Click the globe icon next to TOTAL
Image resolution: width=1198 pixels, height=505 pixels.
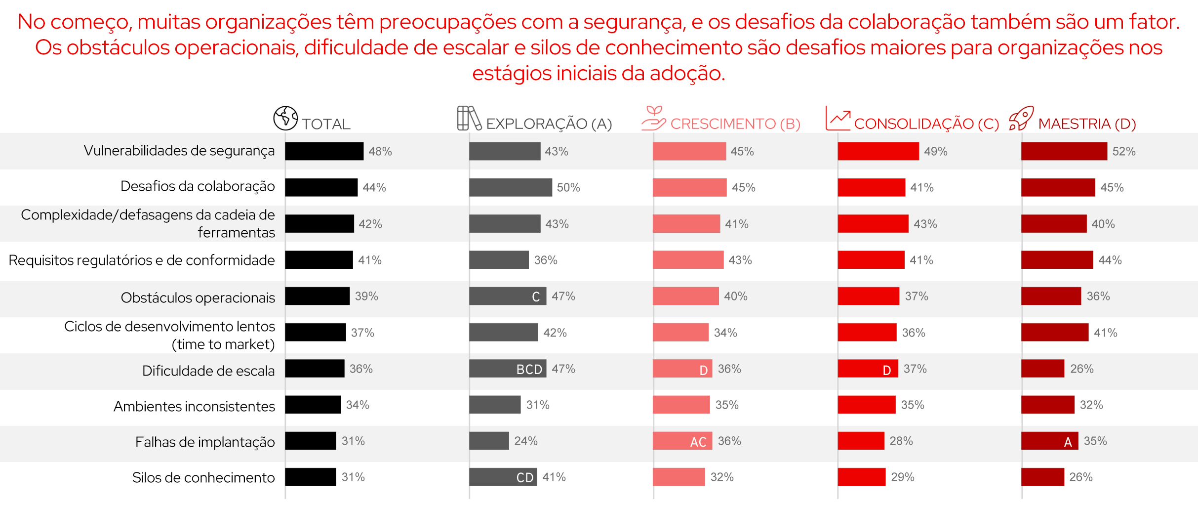[x=285, y=118]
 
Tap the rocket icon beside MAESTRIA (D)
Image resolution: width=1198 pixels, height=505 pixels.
[x=1021, y=118]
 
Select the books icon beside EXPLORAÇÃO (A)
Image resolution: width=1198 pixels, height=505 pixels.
[x=469, y=118]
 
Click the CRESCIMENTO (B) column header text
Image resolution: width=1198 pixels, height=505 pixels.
[x=735, y=124]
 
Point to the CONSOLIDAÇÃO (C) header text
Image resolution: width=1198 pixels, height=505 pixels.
[x=926, y=124]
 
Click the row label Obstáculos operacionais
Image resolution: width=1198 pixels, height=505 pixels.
[x=198, y=297]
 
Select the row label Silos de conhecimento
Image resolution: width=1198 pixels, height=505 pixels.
[x=203, y=477]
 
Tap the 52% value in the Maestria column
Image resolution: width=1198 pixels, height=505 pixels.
[x=1123, y=151]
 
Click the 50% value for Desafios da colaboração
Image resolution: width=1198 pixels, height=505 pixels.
[x=568, y=187]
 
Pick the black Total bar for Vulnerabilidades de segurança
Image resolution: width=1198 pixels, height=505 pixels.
[x=324, y=151]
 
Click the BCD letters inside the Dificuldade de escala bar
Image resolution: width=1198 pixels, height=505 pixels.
[x=529, y=369]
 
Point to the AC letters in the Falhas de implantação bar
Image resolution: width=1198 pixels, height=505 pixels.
[x=698, y=442]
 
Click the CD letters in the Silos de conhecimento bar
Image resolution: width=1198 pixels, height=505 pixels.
[x=524, y=477]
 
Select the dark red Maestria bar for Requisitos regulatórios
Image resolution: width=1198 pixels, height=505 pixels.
[x=1057, y=260]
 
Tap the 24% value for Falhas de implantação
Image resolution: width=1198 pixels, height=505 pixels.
[x=525, y=441]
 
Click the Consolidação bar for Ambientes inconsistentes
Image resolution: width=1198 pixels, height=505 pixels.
[x=866, y=405]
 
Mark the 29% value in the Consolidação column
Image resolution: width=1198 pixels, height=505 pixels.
[x=902, y=477]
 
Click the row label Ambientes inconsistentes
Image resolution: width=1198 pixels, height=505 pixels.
[x=194, y=406]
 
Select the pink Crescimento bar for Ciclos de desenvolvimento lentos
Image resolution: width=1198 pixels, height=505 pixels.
[x=680, y=333]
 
